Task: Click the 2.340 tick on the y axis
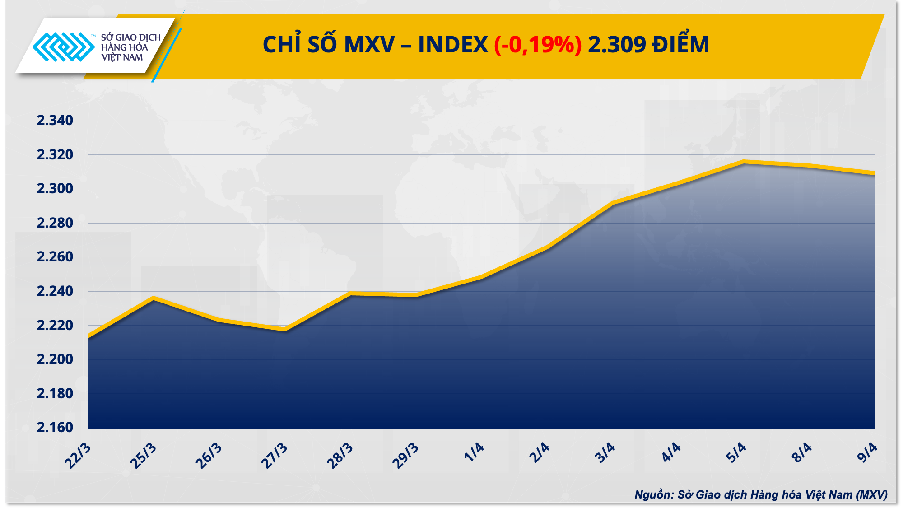click(55, 121)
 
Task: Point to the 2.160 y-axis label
click(55, 427)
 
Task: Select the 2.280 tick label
click(55, 223)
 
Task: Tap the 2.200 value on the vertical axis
click(55, 359)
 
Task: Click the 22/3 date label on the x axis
click(78, 456)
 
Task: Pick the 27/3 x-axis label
click(274, 456)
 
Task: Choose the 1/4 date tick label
click(474, 452)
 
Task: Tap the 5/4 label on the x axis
click(736, 453)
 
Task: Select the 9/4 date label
click(867, 453)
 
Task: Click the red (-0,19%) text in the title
click(538, 45)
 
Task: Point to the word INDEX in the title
click(453, 45)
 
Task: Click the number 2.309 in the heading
click(617, 45)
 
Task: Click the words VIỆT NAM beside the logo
click(122, 57)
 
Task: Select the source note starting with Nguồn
click(761, 494)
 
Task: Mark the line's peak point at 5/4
click(743, 162)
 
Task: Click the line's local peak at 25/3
click(154, 298)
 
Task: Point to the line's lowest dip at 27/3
click(284, 329)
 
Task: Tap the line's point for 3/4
click(612, 203)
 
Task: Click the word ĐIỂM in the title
click(681, 45)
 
